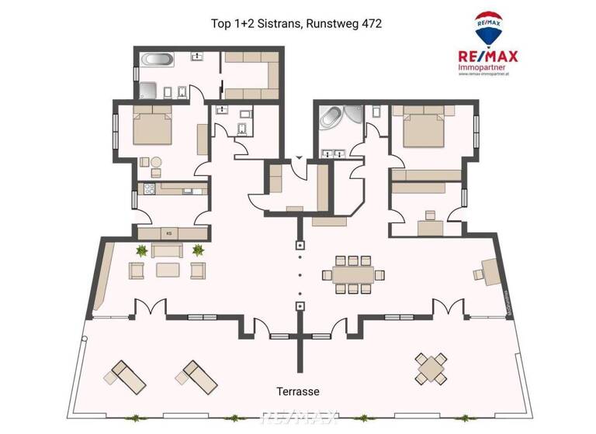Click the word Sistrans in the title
[x=274, y=24]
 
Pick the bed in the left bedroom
[x=151, y=129]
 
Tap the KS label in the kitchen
[x=168, y=232]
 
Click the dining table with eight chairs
[x=352, y=274]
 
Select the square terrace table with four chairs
[x=430, y=368]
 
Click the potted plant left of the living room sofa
[x=141, y=250]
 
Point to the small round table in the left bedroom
[x=155, y=163]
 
